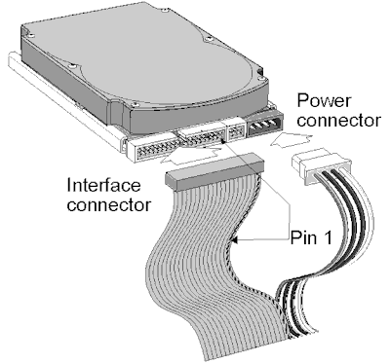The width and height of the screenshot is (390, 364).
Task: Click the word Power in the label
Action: [324, 101]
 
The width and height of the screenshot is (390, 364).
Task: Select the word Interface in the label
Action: [104, 185]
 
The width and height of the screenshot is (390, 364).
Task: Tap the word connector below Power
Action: [338, 121]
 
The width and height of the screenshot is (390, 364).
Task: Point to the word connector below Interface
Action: [109, 205]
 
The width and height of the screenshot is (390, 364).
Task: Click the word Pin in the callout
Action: [303, 237]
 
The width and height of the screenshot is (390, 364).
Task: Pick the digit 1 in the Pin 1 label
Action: [328, 237]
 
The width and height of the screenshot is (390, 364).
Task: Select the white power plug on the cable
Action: [321, 165]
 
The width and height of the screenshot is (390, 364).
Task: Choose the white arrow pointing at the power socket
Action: [291, 141]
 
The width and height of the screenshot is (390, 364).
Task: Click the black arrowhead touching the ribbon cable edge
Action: [235, 240]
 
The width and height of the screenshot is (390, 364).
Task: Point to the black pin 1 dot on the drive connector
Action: [223, 141]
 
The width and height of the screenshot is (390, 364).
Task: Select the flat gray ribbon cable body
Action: [208, 260]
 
